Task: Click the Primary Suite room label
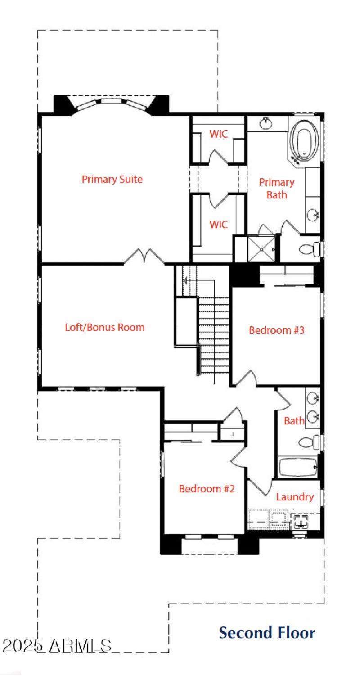[x=112, y=179]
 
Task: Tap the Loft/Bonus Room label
[x=105, y=327]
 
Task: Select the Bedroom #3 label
[x=277, y=330]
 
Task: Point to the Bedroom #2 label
[x=207, y=489]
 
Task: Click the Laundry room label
[x=295, y=497]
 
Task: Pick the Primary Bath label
[x=276, y=188]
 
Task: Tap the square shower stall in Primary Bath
[x=261, y=249]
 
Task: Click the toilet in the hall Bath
[x=309, y=442]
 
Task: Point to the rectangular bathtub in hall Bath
[x=297, y=468]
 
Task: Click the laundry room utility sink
[x=300, y=523]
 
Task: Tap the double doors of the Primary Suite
[x=144, y=257]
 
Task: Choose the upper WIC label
[x=218, y=134]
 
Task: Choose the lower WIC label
[x=218, y=224]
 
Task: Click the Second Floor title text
[x=267, y=632]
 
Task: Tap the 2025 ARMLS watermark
[x=57, y=645]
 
